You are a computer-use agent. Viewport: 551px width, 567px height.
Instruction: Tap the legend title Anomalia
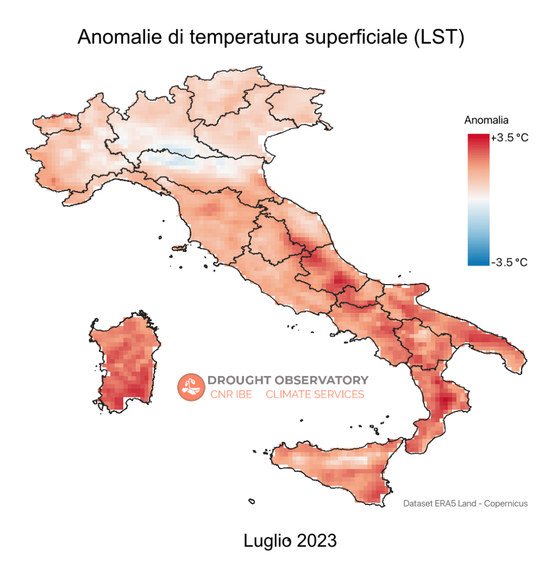click(x=486, y=120)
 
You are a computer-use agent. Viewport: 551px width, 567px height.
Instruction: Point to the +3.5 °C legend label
click(x=510, y=138)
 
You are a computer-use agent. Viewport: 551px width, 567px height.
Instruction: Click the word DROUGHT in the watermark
click(x=239, y=380)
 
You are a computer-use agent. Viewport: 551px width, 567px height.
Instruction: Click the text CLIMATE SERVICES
click(x=315, y=394)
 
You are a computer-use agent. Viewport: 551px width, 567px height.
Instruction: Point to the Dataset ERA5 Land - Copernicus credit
click(x=465, y=503)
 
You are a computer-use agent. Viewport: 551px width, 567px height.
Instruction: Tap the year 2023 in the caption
click(x=316, y=540)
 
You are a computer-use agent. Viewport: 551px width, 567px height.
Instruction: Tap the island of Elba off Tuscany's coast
click(x=179, y=248)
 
